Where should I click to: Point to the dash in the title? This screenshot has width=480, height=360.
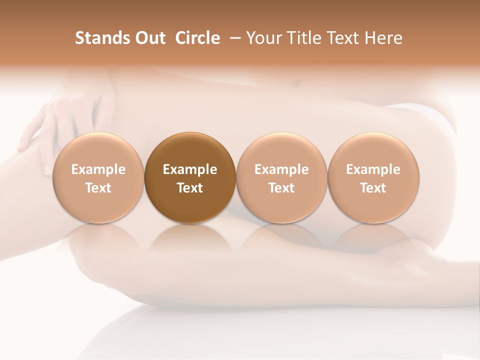tap(234, 38)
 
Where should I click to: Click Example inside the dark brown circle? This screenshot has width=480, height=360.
tap(189, 169)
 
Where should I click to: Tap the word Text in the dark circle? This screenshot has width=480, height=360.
tap(189, 188)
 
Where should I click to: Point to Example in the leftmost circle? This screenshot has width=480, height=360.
tap(98, 169)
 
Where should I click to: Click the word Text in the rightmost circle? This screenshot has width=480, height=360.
tap(373, 188)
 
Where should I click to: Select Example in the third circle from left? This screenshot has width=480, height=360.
tap(281, 169)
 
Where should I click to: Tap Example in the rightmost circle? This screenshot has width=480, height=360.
tap(373, 169)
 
